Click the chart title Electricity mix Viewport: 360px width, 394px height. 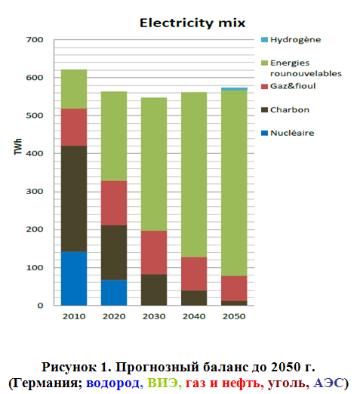click(192, 23)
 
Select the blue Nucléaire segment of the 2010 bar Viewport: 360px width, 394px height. click(74, 279)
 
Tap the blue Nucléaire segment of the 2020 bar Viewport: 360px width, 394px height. click(114, 293)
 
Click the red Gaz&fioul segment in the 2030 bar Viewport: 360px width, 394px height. click(154, 252)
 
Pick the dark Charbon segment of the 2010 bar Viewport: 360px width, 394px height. click(74, 199)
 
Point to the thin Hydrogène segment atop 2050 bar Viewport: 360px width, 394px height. click(234, 89)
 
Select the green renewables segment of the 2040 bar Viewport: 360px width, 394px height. click(194, 174)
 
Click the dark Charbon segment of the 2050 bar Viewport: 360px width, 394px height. click(234, 303)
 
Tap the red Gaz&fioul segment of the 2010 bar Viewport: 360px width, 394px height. click(74, 127)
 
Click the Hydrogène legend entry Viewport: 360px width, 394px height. click(291, 40)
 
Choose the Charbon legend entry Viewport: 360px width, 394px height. click(285, 109)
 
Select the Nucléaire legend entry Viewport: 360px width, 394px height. click(288, 133)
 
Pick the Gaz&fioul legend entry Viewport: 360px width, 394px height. click(288, 86)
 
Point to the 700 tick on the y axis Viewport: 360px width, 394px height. click(35, 40)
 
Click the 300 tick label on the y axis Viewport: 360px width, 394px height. click(35, 192)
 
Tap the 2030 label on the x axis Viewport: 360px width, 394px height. click(154, 316)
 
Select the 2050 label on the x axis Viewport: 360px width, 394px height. click(234, 316)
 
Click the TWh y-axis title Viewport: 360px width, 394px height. click(18, 146)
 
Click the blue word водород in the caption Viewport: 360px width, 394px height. click(112, 383)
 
